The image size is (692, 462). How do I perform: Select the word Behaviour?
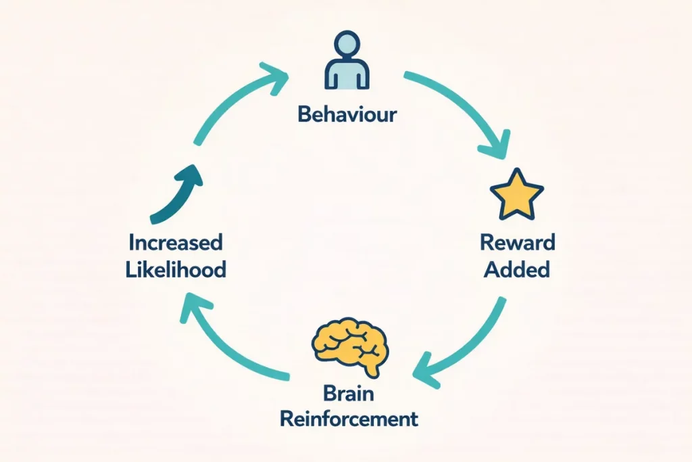(347, 114)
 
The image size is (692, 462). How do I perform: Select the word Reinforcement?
(349, 419)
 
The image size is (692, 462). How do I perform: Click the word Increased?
(175, 241)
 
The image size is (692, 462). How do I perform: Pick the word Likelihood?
(175, 269)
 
